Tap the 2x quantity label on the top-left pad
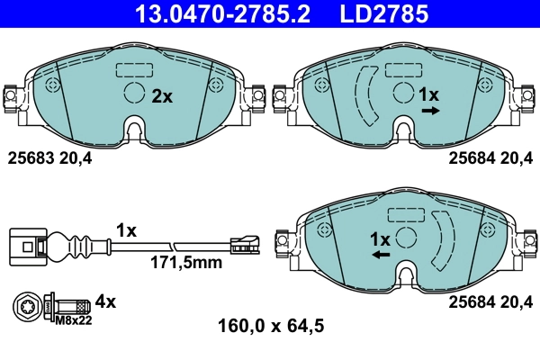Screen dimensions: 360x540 point(161,96)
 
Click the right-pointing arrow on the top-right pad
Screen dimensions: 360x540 point(430,111)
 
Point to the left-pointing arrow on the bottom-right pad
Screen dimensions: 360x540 point(381,256)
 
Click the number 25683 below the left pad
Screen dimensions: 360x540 point(29,158)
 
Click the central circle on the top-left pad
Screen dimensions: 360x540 point(133,94)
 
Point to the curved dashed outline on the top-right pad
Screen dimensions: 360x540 point(367,95)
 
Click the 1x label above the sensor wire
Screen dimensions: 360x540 point(126,230)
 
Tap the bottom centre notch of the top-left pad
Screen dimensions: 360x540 point(134,130)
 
